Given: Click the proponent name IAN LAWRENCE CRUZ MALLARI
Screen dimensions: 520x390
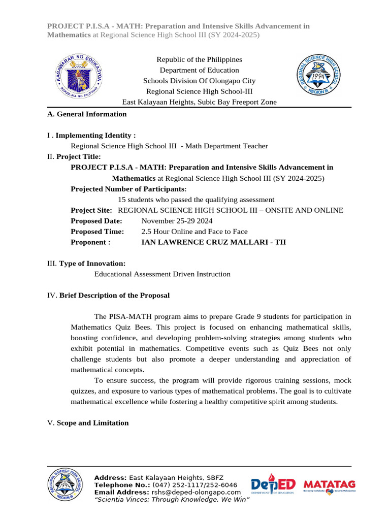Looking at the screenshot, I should pyautogui.click(x=213, y=242).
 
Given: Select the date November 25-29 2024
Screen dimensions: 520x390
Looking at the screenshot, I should pyautogui.click(x=177, y=221).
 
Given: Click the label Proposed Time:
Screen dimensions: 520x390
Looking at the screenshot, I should pyautogui.click(x=97, y=232).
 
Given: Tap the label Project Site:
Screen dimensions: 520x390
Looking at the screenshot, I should pyautogui.click(x=91, y=210).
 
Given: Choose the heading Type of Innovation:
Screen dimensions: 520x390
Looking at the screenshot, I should pyautogui.click(x=92, y=264).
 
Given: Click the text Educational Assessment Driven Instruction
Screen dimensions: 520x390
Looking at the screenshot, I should pyautogui.click(x=162, y=274).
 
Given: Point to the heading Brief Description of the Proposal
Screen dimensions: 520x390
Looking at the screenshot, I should pyautogui.click(x=114, y=296).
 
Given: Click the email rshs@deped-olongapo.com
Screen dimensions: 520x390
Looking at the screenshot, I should pyautogui.click(x=196, y=493).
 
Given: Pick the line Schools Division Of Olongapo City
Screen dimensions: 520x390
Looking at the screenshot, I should pyautogui.click(x=199, y=81).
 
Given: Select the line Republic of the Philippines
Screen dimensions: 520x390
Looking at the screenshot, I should pyautogui.click(x=199, y=59).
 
